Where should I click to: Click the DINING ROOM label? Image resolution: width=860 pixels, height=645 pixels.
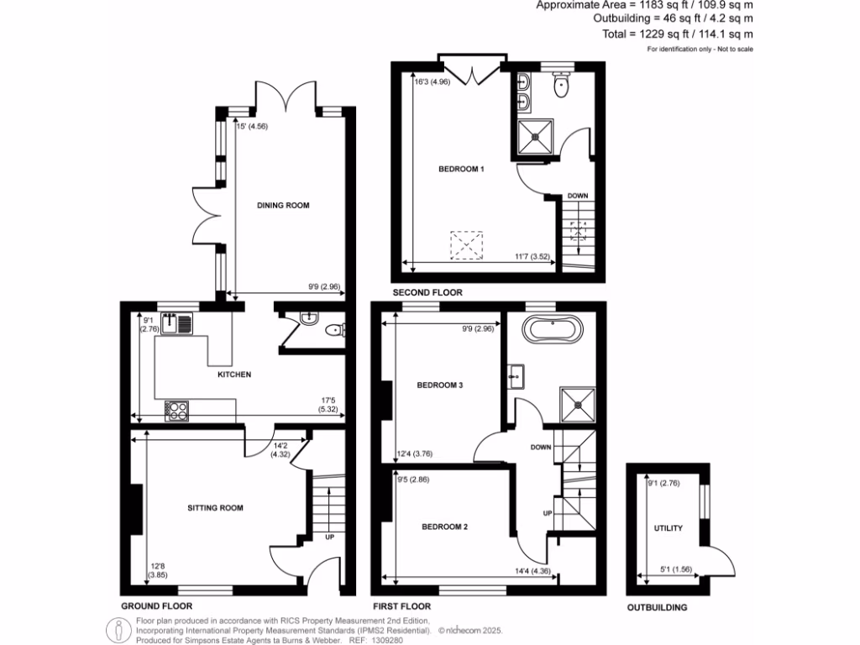pyautogui.click(x=277, y=205)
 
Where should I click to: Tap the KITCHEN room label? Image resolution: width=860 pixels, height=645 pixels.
pyautogui.click(x=234, y=375)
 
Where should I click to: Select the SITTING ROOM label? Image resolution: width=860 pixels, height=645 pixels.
pyautogui.click(x=215, y=507)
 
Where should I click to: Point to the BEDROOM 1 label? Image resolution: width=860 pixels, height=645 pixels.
pyautogui.click(x=461, y=169)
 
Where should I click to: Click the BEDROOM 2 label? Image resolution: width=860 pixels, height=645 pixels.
pyautogui.click(x=444, y=527)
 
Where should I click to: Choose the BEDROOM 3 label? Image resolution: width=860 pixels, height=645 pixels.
pyautogui.click(x=441, y=385)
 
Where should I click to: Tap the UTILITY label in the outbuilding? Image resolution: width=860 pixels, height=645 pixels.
pyautogui.click(x=669, y=528)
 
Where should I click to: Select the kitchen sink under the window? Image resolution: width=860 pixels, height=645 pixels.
pyautogui.click(x=178, y=322)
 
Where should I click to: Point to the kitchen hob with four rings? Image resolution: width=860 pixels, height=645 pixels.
pyautogui.click(x=177, y=411)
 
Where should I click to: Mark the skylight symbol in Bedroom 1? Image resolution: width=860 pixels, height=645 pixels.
pyautogui.click(x=467, y=244)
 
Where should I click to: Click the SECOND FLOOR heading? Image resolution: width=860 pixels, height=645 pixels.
pyautogui.click(x=428, y=293)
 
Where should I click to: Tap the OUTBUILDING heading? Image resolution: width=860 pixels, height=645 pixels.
pyautogui.click(x=658, y=607)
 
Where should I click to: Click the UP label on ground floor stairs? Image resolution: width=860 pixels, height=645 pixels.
pyautogui.click(x=330, y=538)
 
